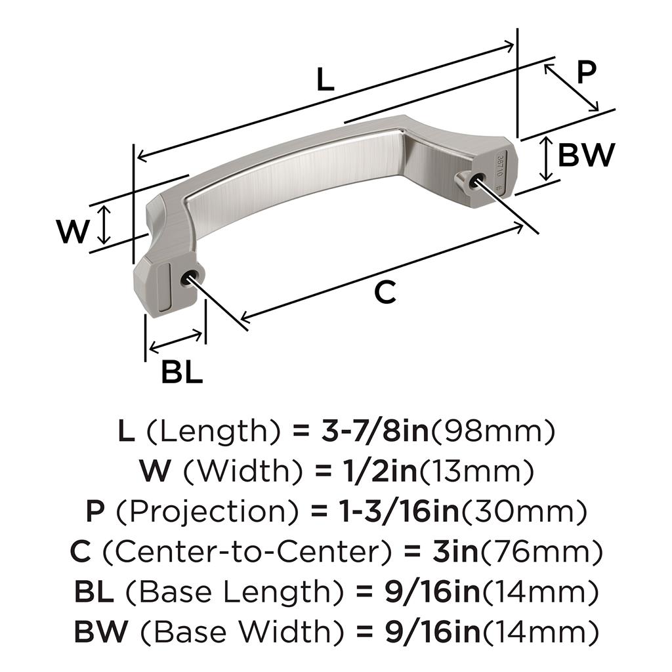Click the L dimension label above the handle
pos(325,79)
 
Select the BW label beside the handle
pos(586,155)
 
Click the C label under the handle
pos(385,293)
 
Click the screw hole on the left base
pos(188,277)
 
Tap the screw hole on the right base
pos(477,180)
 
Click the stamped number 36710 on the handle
pos(499,165)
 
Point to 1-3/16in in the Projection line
pos(400,511)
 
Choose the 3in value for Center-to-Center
pos(455,551)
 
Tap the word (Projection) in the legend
pos(207,512)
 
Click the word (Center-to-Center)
pos(247,551)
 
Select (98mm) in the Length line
pos(492,431)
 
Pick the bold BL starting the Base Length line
pos(94,591)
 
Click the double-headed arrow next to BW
pos(545,158)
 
